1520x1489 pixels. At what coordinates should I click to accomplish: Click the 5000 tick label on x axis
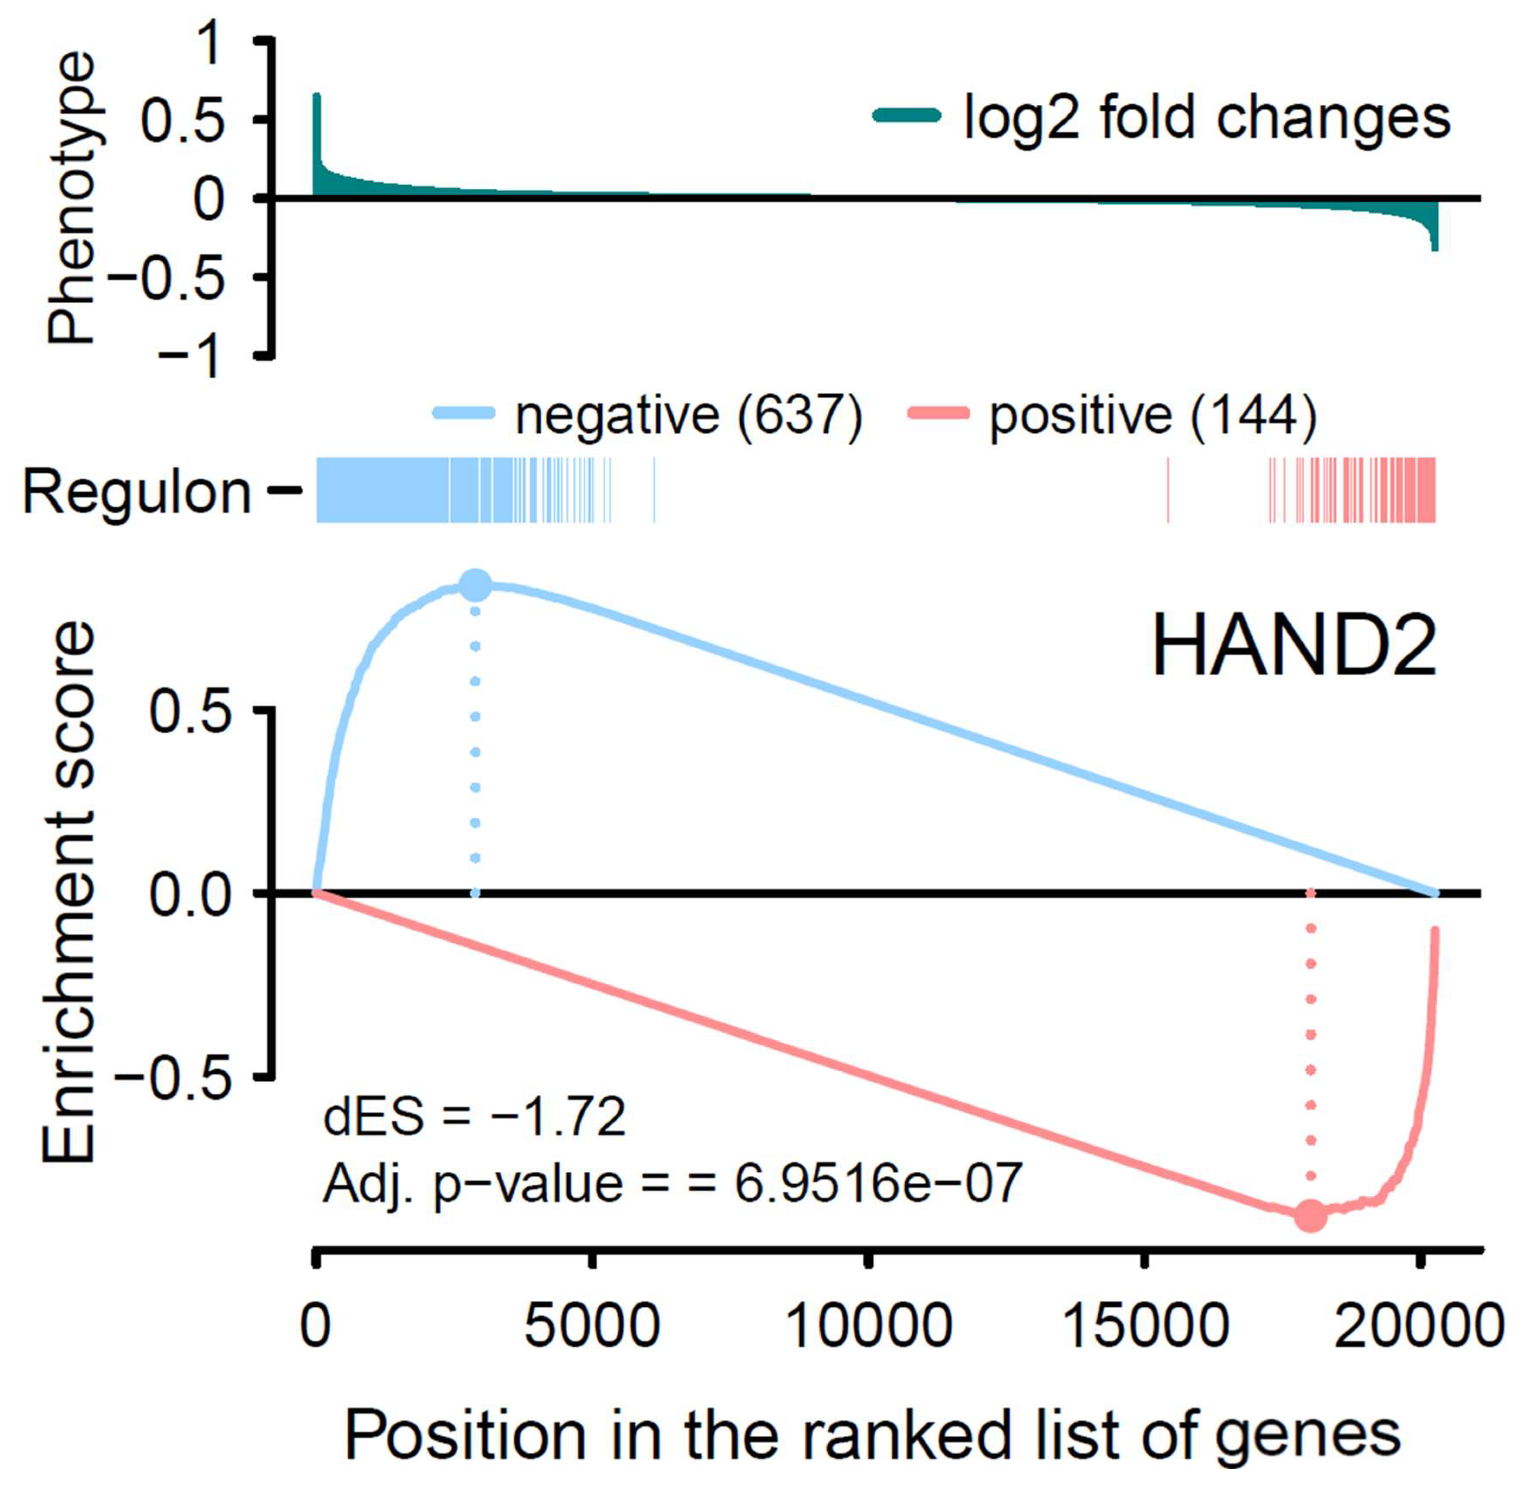click(x=592, y=1327)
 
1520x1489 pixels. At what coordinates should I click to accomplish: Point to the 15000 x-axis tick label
click(x=1145, y=1327)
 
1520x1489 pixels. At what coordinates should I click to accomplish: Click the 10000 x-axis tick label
click(x=868, y=1327)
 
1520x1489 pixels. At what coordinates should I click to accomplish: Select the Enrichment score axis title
click(x=69, y=892)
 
